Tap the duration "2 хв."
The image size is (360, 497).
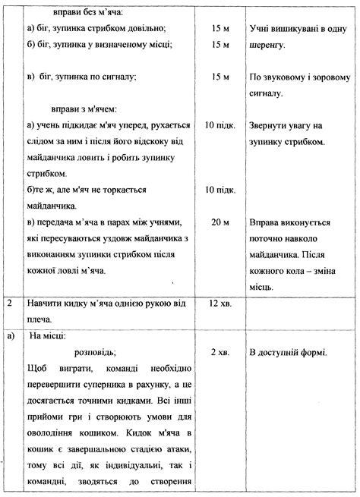coord(219,353)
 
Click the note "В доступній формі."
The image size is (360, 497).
coord(288,353)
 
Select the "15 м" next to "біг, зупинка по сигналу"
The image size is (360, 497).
coord(219,77)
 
